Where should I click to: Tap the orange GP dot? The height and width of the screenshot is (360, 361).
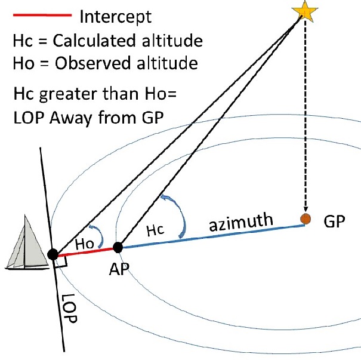click(x=306, y=219)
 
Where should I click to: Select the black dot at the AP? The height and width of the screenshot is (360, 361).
click(x=118, y=247)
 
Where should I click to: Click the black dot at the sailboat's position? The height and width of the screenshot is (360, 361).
click(x=53, y=254)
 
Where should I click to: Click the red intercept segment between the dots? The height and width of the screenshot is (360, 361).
click(x=85, y=251)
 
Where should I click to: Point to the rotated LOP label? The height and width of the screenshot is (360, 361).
click(x=72, y=309)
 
